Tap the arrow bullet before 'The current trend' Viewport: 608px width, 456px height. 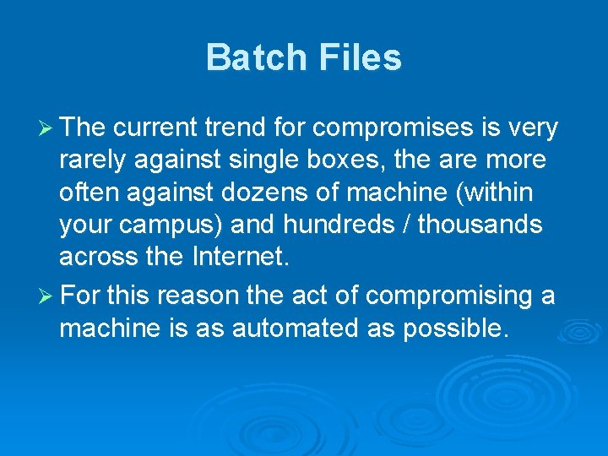[x=48, y=128]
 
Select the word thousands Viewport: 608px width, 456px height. [x=480, y=225]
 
